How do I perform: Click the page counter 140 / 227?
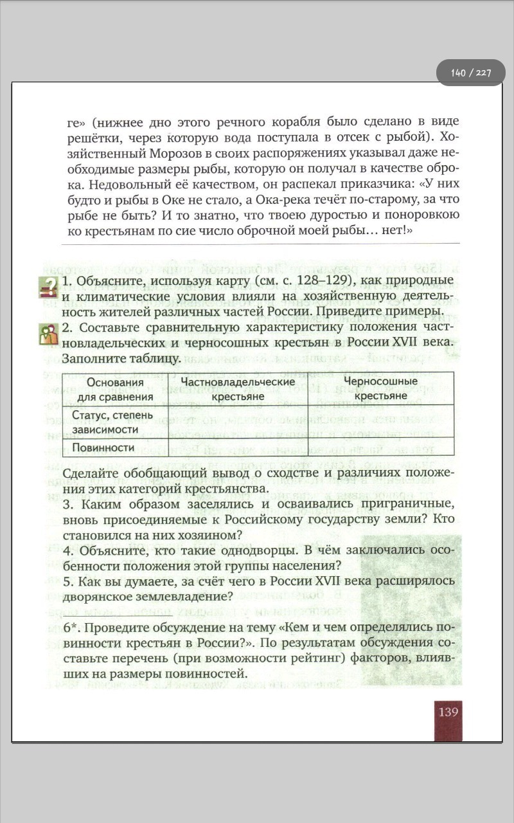[470, 73]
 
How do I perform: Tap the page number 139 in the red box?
[448, 712]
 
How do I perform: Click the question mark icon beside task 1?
[48, 287]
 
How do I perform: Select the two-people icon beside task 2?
[48, 334]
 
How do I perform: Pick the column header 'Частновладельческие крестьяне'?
[238, 389]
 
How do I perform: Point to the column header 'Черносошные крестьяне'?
[381, 389]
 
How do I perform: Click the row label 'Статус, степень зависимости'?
[112, 422]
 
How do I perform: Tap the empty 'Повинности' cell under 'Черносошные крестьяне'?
[381, 448]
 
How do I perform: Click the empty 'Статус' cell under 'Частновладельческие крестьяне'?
[238, 422]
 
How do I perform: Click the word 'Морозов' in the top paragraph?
[178, 154]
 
